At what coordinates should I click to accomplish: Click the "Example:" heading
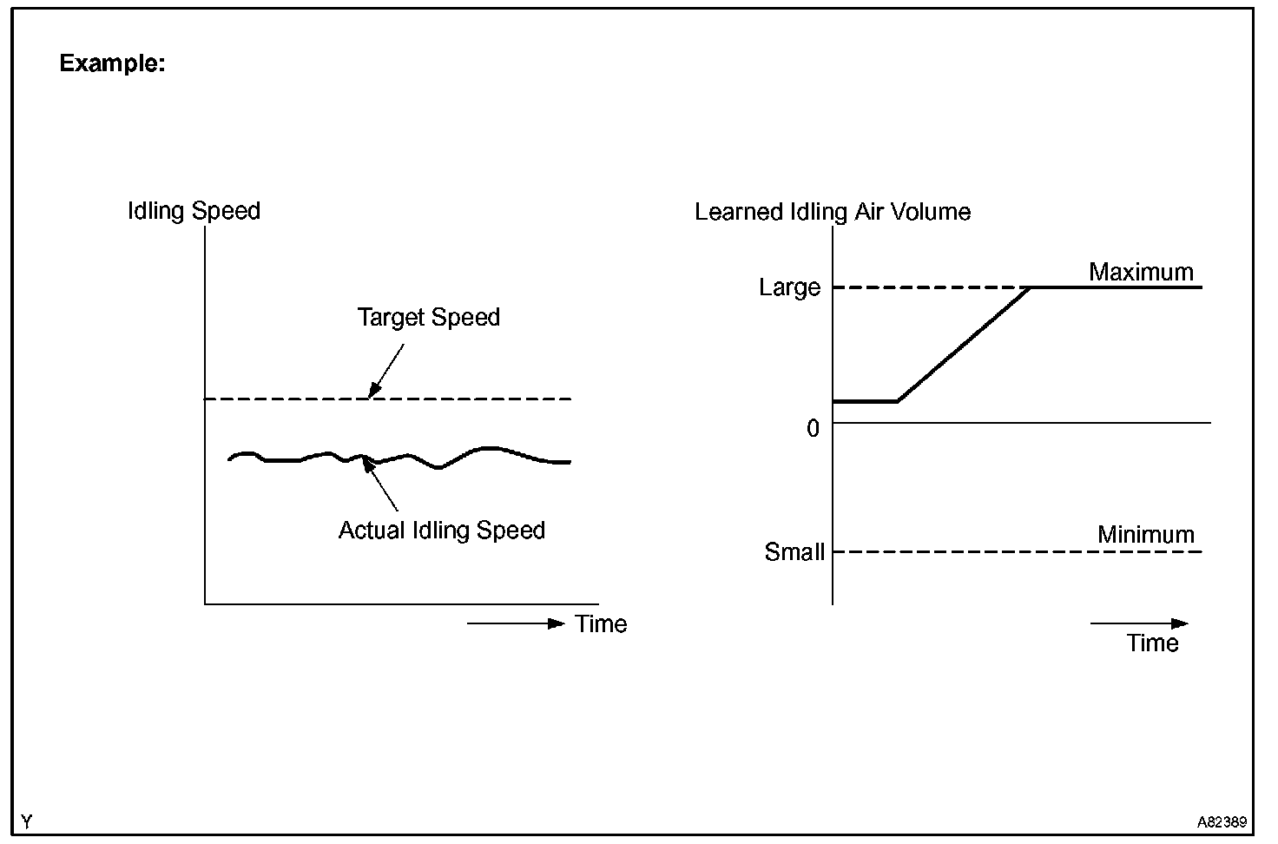[x=112, y=63]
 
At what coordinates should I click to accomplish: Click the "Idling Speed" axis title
[x=194, y=211]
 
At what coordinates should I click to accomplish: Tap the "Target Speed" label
[x=428, y=317]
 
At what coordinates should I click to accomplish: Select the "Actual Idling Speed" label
[x=441, y=531]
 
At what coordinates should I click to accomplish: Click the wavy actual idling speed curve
[x=486, y=449]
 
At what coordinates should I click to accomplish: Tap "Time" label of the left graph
[x=601, y=623]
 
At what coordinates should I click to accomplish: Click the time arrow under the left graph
[x=516, y=623]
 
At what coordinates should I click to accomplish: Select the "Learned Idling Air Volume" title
[x=832, y=212]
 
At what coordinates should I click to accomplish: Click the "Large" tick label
[x=788, y=287]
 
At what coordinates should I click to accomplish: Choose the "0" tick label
[x=813, y=428]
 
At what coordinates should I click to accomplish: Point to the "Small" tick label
[x=794, y=552]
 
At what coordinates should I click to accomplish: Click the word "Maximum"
[x=1141, y=272]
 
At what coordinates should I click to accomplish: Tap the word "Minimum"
[x=1145, y=534]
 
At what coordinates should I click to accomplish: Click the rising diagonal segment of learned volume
[x=964, y=344]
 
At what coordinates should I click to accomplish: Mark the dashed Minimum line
[x=998, y=552]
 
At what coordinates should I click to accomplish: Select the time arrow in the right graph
[x=1138, y=623]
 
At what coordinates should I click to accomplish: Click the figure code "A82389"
[x=1222, y=821]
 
